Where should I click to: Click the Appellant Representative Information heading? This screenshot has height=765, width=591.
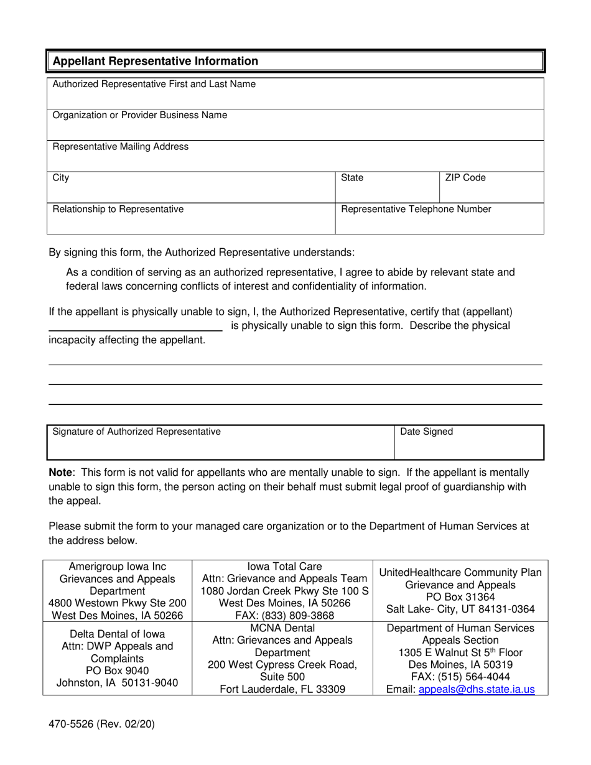[155, 61]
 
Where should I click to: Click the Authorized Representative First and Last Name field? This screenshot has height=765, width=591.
[295, 94]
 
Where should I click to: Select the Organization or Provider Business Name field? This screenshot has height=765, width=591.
[295, 125]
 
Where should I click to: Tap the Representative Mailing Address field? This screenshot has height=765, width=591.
[295, 156]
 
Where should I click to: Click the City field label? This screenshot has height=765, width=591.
[61, 178]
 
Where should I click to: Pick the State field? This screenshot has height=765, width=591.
[387, 187]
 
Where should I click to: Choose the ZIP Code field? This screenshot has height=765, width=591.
[491, 187]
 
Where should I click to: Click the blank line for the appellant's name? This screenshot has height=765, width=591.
[135, 325]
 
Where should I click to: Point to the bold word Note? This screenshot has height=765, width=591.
[61, 473]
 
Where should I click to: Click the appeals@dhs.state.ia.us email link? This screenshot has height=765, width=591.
[477, 689]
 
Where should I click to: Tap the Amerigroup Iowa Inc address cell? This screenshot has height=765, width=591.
[118, 591]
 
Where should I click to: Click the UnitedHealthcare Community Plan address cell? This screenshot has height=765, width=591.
[460, 591]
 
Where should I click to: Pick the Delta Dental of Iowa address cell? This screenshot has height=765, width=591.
[118, 658]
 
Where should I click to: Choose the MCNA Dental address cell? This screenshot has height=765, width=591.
[282, 658]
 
